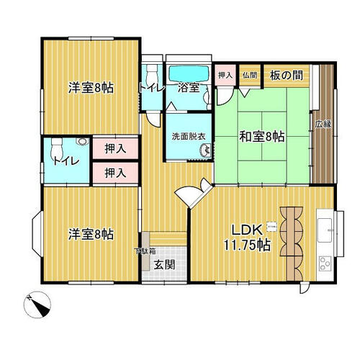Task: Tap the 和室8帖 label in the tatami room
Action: [261, 136]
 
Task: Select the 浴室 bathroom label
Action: [189, 89]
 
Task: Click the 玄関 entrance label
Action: [164, 264]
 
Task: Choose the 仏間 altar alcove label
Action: [249, 74]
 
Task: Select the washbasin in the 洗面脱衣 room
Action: [206, 150]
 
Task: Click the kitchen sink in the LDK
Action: [324, 226]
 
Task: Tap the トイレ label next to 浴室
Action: [151, 89]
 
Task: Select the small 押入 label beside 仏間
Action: [225, 74]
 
